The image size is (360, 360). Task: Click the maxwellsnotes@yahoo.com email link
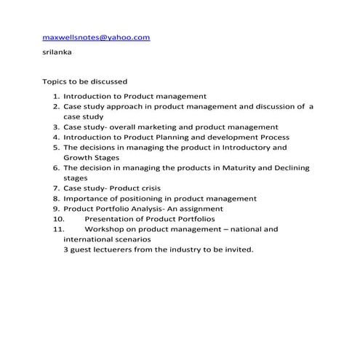point(96,36)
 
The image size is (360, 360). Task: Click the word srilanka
point(59,52)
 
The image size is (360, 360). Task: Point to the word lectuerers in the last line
point(116,249)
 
